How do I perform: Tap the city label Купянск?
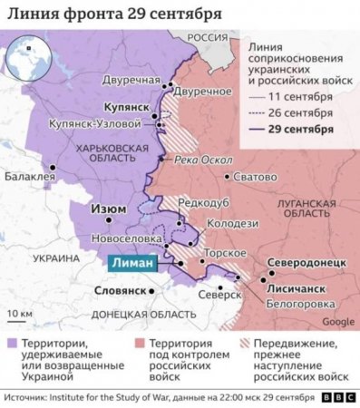120,105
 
